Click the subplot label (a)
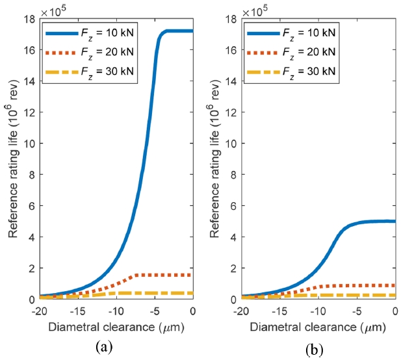[x=102, y=346]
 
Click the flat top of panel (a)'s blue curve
[x=179, y=31]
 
